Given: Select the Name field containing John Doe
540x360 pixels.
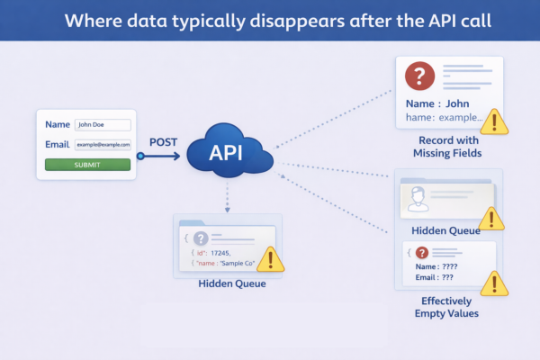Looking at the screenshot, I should click(x=103, y=125).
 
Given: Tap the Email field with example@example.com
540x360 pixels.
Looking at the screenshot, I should click(x=103, y=144).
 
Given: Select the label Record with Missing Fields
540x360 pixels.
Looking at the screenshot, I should click(x=449, y=147).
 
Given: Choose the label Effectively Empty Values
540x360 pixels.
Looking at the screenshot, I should click(x=448, y=308).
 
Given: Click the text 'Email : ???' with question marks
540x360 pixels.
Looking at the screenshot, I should click(x=434, y=278).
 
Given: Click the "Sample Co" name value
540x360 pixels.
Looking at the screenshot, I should click(x=237, y=265).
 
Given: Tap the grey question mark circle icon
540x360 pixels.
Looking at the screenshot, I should click(x=201, y=238).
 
